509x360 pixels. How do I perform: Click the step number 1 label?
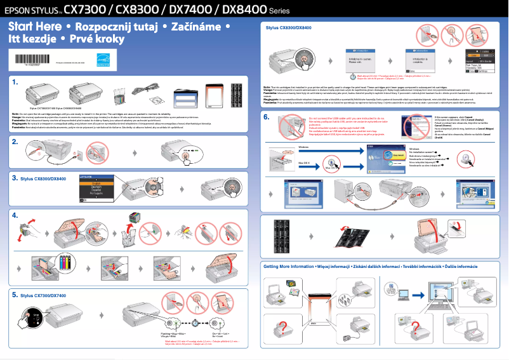[15, 82]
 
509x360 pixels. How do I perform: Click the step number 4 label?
[15, 216]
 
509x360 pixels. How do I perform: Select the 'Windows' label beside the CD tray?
[305, 147]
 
